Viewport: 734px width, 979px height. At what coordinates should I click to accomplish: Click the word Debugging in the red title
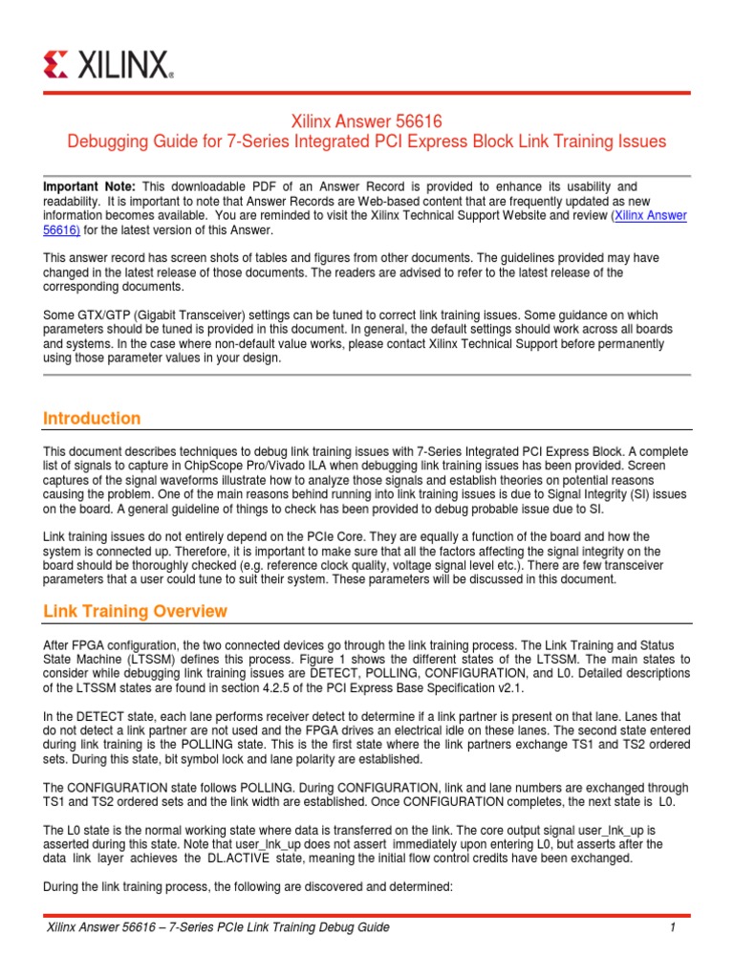click(103, 142)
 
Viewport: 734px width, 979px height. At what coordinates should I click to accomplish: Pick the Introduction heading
click(92, 418)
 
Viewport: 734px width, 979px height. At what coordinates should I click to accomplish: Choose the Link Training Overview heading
click(136, 611)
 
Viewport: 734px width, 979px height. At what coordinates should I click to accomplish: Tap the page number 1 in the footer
click(673, 927)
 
